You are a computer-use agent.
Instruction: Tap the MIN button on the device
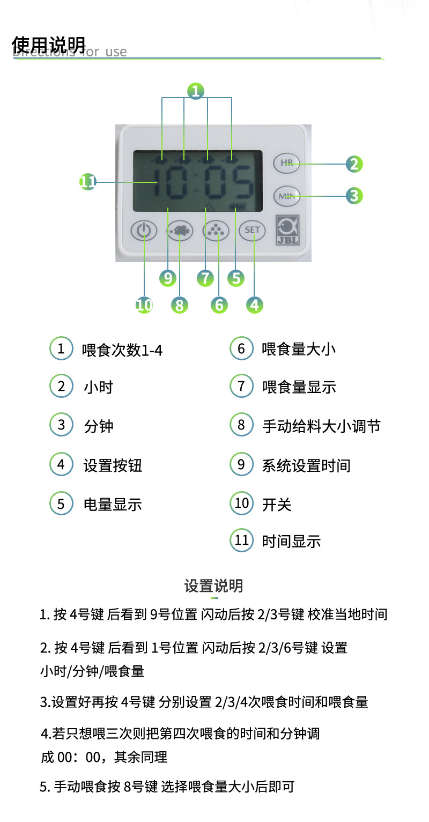click(x=286, y=196)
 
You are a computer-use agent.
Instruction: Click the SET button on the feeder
click(x=252, y=230)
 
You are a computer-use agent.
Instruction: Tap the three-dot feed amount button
click(x=216, y=230)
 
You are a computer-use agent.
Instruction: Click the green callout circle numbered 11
click(x=88, y=182)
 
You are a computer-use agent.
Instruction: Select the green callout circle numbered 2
click(x=353, y=164)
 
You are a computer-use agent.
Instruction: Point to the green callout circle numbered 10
click(x=144, y=305)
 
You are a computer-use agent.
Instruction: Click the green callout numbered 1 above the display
click(x=196, y=91)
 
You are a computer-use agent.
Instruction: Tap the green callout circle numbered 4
click(x=255, y=305)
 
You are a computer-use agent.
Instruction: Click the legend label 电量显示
click(x=113, y=504)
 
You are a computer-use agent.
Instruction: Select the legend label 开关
click(x=277, y=504)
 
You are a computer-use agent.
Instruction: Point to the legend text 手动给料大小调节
click(x=321, y=426)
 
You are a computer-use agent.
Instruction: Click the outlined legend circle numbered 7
click(x=241, y=386)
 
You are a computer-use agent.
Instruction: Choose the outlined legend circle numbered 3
click(x=61, y=425)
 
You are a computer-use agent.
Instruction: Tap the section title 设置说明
click(x=213, y=586)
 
